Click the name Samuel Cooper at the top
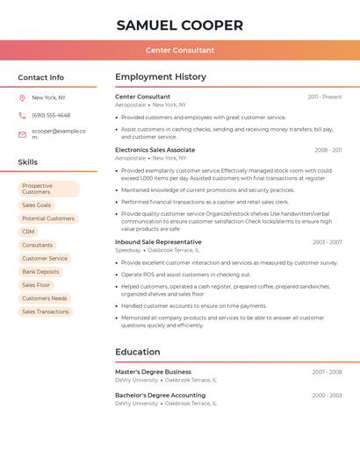pyautogui.click(x=179, y=25)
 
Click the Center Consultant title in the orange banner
pyautogui.click(x=179, y=50)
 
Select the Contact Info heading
pyautogui.click(x=41, y=77)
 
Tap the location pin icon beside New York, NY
pyautogui.click(x=22, y=97)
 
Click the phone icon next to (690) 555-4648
pyautogui.click(x=22, y=116)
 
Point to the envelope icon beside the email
pyautogui.click(x=22, y=134)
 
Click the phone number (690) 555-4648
pyautogui.click(x=51, y=116)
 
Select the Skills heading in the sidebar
pyautogui.click(x=28, y=162)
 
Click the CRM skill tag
pyautogui.click(x=28, y=232)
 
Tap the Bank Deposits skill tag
pyautogui.click(x=40, y=272)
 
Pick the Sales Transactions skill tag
pyautogui.click(x=45, y=311)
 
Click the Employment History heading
pyautogui.click(x=161, y=77)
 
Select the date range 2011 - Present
pyautogui.click(x=325, y=97)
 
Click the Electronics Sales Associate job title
pyautogui.click(x=155, y=150)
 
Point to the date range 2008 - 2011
pyautogui.click(x=328, y=150)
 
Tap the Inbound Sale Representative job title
pyautogui.click(x=158, y=242)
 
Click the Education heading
pyautogui.click(x=138, y=352)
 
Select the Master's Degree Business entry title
pyautogui.click(x=153, y=372)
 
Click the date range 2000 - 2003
pyautogui.click(x=328, y=396)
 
